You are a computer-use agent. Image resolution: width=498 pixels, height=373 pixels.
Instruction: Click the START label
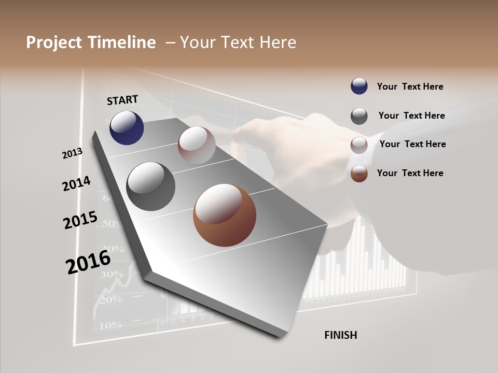pos(122,100)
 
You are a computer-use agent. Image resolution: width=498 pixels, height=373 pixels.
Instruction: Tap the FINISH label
pos(340,335)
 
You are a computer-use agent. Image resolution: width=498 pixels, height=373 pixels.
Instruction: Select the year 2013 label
pos(73,153)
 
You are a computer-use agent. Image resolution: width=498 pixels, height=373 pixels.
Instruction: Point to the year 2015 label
pos(80,220)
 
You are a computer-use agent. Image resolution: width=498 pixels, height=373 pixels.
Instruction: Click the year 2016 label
pos(88,262)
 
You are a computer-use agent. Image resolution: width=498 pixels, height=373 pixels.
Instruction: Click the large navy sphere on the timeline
pos(127,127)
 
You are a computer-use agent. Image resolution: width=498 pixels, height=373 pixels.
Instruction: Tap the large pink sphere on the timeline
pos(197,145)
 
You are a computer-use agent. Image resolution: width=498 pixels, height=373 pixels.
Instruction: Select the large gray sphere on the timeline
pos(150,187)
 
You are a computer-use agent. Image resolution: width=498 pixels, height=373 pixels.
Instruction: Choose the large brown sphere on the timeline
pos(225,215)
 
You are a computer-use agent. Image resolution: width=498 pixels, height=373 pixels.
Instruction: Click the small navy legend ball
pos(359,87)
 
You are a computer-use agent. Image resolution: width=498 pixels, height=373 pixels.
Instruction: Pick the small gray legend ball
pos(359,116)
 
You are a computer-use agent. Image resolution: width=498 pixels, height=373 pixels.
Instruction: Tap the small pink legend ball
pos(359,145)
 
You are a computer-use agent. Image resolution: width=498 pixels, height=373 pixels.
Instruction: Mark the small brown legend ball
pos(359,174)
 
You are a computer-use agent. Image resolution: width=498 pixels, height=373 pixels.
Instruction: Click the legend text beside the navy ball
pos(410,87)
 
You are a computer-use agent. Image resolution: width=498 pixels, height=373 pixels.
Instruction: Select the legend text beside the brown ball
pos(410,173)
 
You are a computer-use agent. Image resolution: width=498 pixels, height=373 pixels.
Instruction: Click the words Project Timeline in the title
pos(91,42)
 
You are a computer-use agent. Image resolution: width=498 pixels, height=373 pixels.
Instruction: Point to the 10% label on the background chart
pos(110,325)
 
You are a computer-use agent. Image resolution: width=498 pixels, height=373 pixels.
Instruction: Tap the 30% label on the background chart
pos(111,274)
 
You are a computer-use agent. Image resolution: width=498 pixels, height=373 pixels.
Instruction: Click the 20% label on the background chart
pos(110,299)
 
